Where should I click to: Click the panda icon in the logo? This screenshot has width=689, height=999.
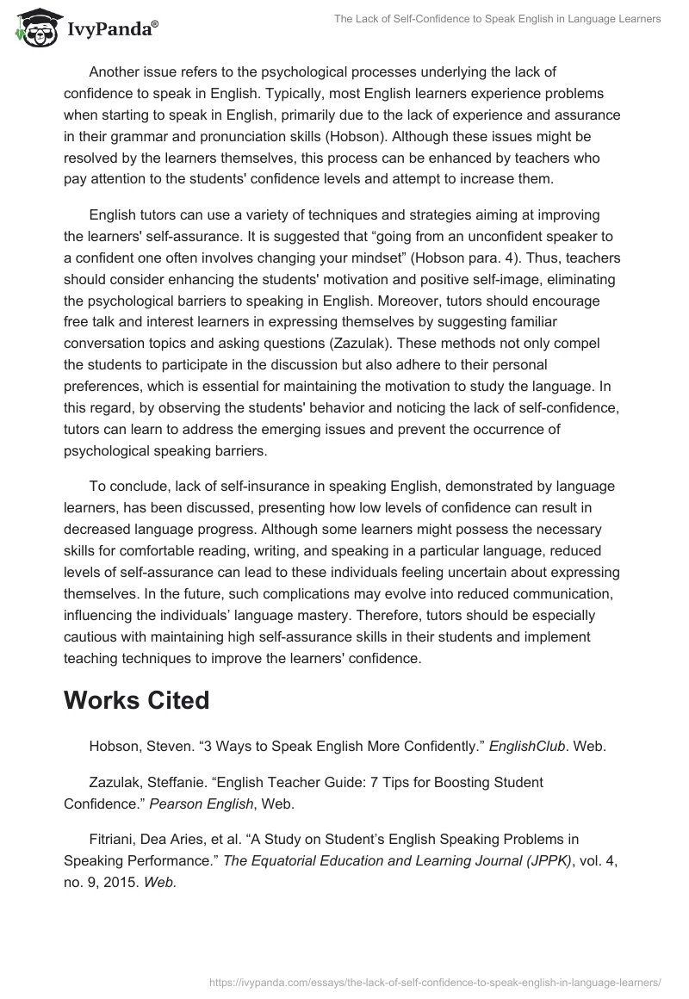tap(33, 28)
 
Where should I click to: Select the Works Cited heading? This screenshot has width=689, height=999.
tap(136, 700)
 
